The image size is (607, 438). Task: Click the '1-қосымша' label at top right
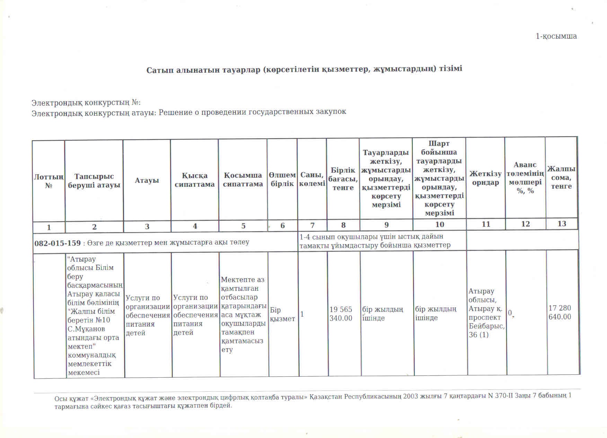tap(556, 36)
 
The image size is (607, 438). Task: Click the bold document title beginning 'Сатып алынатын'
tap(304, 69)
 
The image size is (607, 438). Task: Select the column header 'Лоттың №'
tap(49, 181)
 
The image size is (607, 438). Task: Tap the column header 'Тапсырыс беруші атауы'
tap(94, 181)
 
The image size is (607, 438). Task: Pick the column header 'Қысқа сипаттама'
tap(194, 180)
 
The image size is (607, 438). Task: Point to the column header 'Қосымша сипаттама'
tap(243, 180)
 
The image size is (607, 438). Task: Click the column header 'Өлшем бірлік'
tap(282, 179)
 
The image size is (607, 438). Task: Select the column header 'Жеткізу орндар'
tap(485, 178)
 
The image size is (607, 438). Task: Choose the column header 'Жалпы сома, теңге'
tap(561, 177)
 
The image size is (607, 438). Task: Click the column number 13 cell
tap(562, 224)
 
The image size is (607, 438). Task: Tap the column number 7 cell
tap(312, 225)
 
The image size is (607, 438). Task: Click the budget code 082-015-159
tap(58, 243)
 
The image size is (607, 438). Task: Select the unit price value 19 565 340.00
tap(341, 314)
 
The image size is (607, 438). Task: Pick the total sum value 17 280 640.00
tap(560, 313)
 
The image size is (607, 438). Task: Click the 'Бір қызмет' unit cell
tap(282, 314)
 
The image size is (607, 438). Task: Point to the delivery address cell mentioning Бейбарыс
tap(486, 313)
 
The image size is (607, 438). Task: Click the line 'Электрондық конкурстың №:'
tap(86, 103)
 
